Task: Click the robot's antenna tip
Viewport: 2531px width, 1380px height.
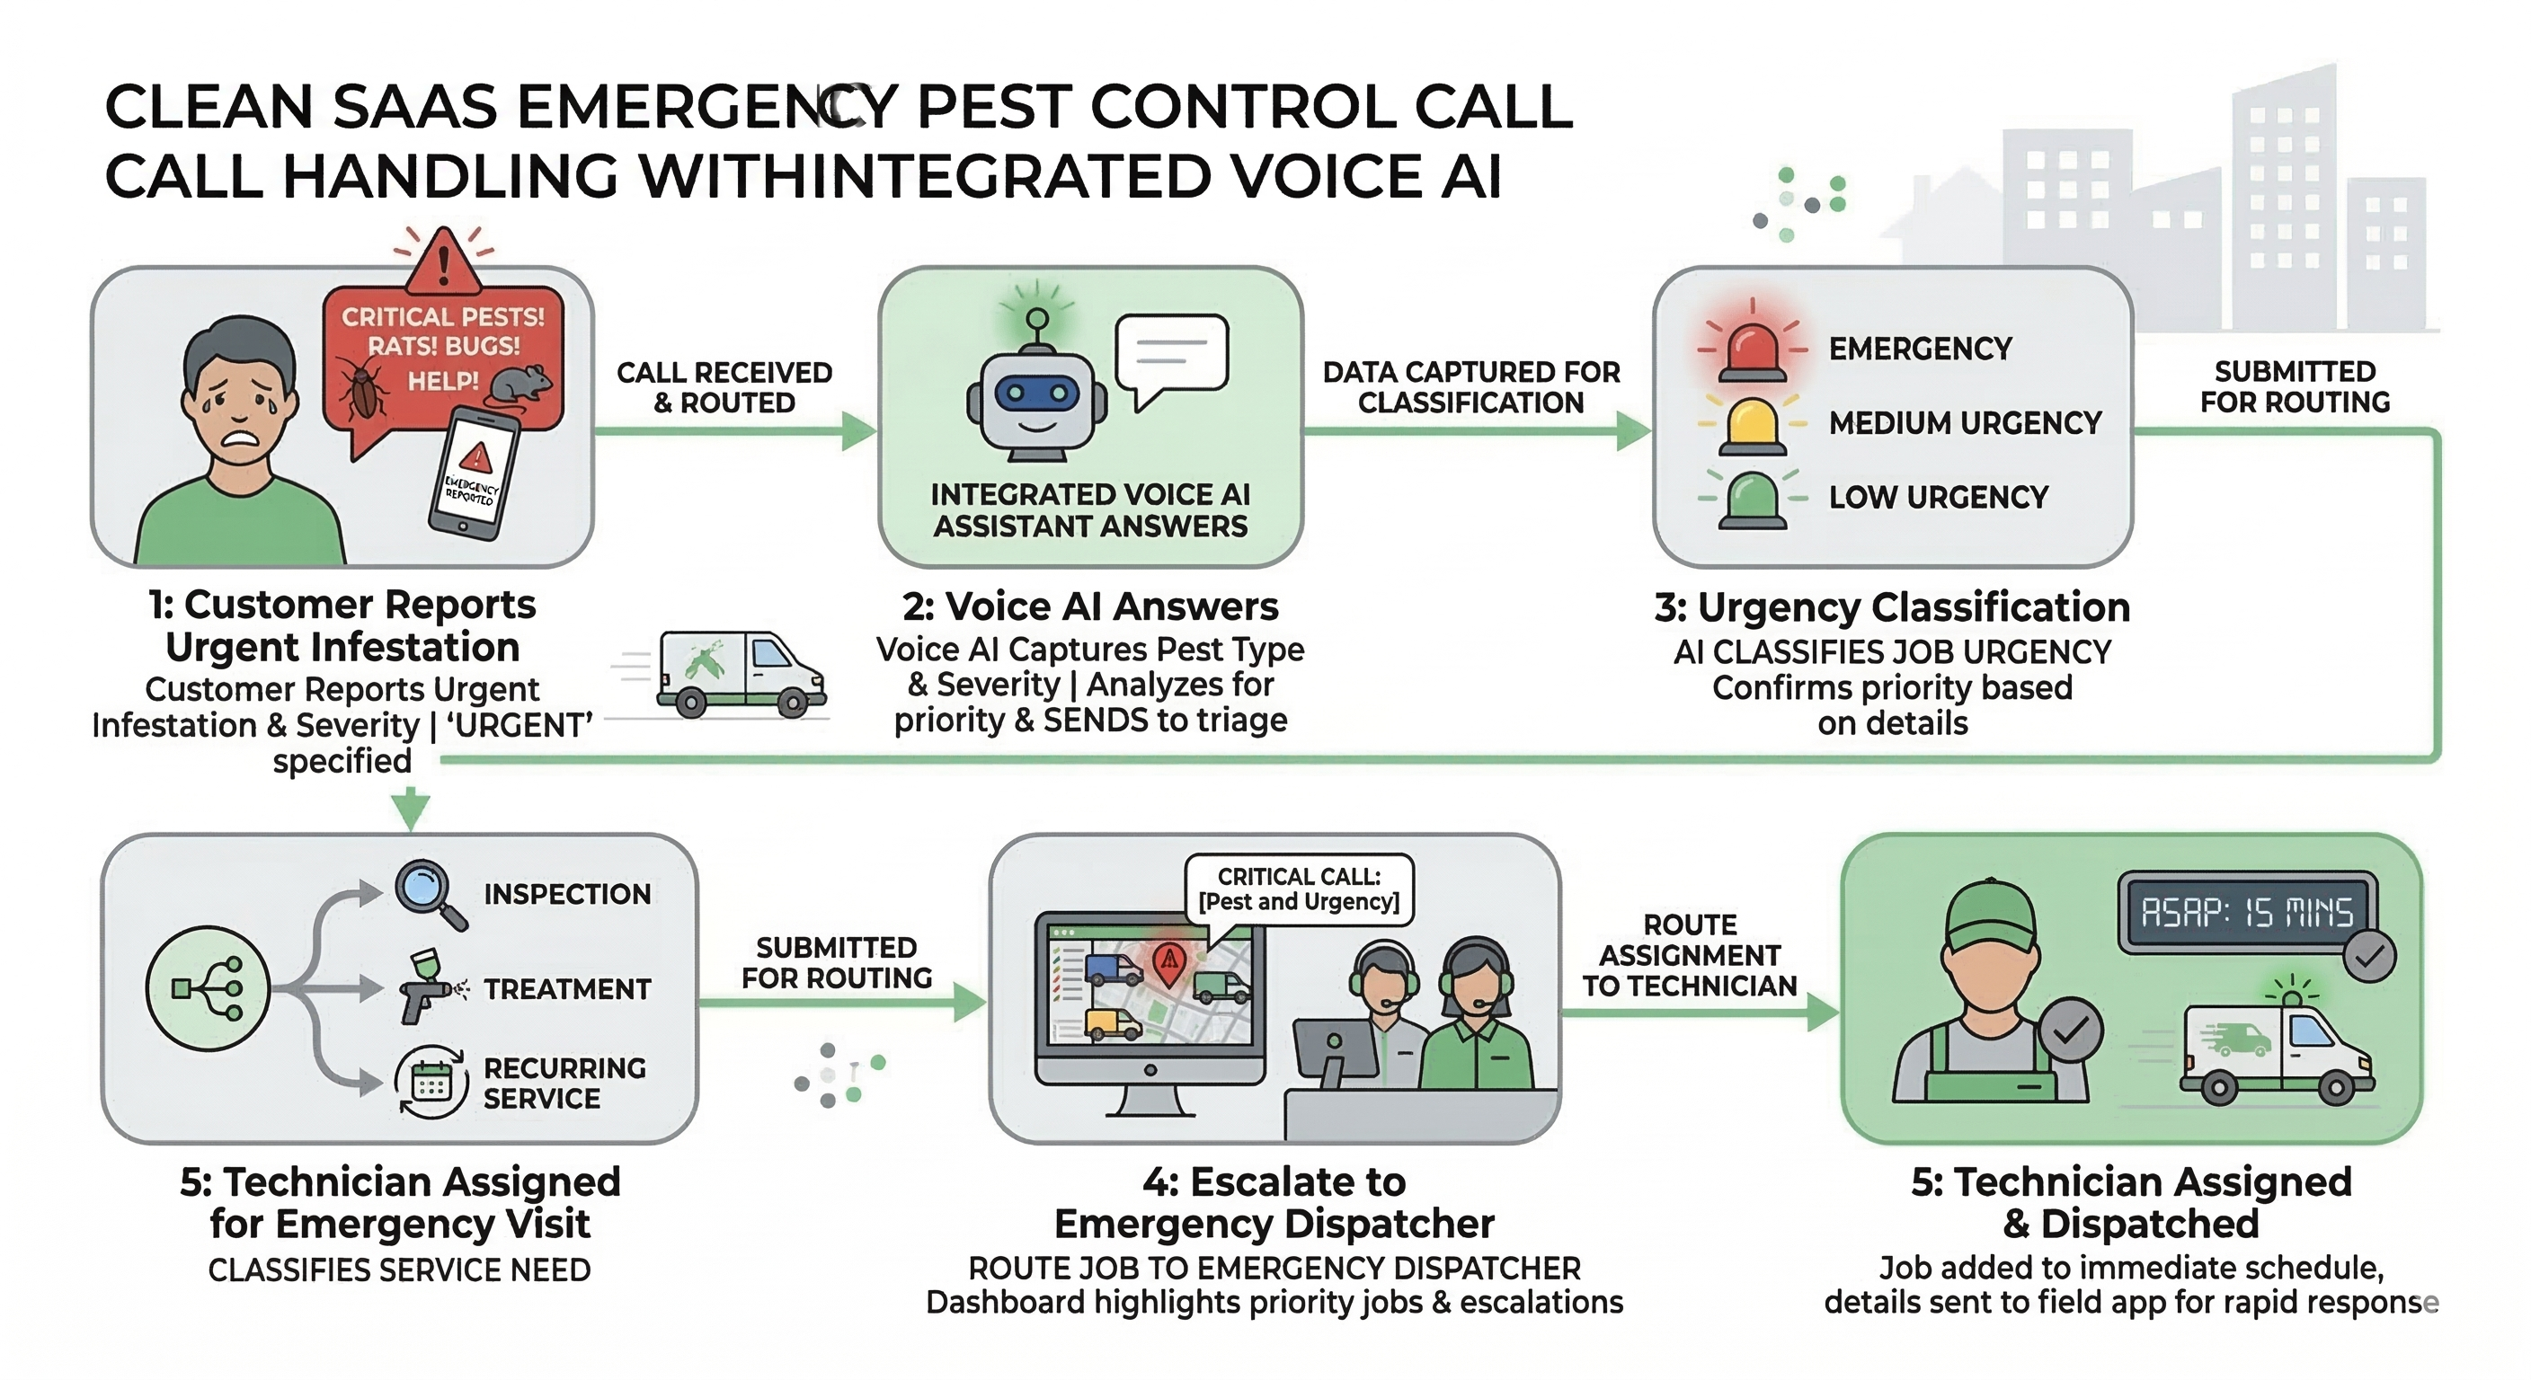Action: pos(1036,318)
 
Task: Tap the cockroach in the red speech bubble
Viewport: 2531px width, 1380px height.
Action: pos(362,389)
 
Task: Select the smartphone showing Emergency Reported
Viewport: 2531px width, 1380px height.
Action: pos(474,473)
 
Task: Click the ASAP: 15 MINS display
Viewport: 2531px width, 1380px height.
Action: pos(2246,913)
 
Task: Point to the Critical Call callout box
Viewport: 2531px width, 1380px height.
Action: pos(1298,889)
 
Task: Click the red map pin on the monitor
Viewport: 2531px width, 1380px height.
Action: pos(1168,960)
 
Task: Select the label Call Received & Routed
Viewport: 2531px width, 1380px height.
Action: pos(724,387)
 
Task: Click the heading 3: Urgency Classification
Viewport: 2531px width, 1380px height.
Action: pos(1891,607)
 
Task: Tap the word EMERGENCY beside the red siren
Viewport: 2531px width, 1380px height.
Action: pos(1920,349)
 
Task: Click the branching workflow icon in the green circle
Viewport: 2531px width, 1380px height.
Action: pos(208,988)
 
